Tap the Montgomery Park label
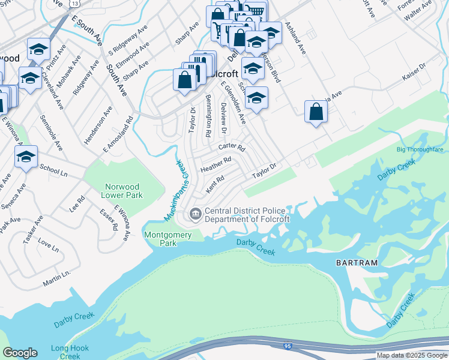coord(160,239)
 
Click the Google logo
coord(20,353)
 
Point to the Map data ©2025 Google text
coord(412,355)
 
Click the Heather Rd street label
coord(215,164)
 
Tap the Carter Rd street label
coord(232,147)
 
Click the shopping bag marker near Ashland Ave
coord(316,111)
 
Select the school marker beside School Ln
coord(26,157)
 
